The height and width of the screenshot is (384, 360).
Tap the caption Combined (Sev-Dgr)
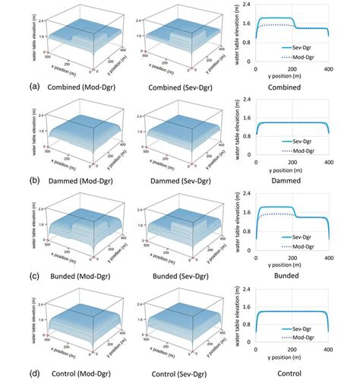pos(174,87)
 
